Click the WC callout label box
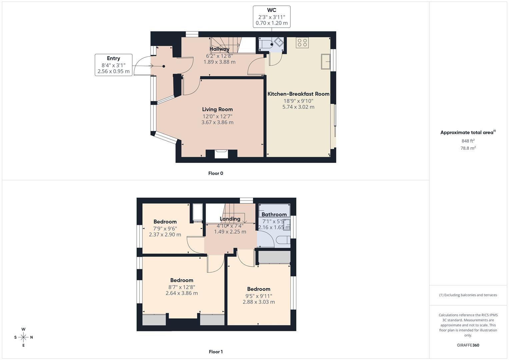coord(271,16)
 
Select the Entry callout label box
coord(113,65)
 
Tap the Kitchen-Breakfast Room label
coord(298,94)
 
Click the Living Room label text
coord(217,109)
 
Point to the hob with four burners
coord(302,42)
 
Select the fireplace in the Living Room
coord(221,154)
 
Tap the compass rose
coord(23,337)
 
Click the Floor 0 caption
coord(216,173)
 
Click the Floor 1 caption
coord(216,352)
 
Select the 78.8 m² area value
coord(468,148)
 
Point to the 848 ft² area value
coord(468,141)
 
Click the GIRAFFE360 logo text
coord(468,345)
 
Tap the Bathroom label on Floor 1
coord(274,214)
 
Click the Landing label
coord(230,219)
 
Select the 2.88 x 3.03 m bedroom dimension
coord(259,302)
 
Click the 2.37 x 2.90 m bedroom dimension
coord(165,235)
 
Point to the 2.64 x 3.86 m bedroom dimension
coord(182,293)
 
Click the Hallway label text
coord(219,49)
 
